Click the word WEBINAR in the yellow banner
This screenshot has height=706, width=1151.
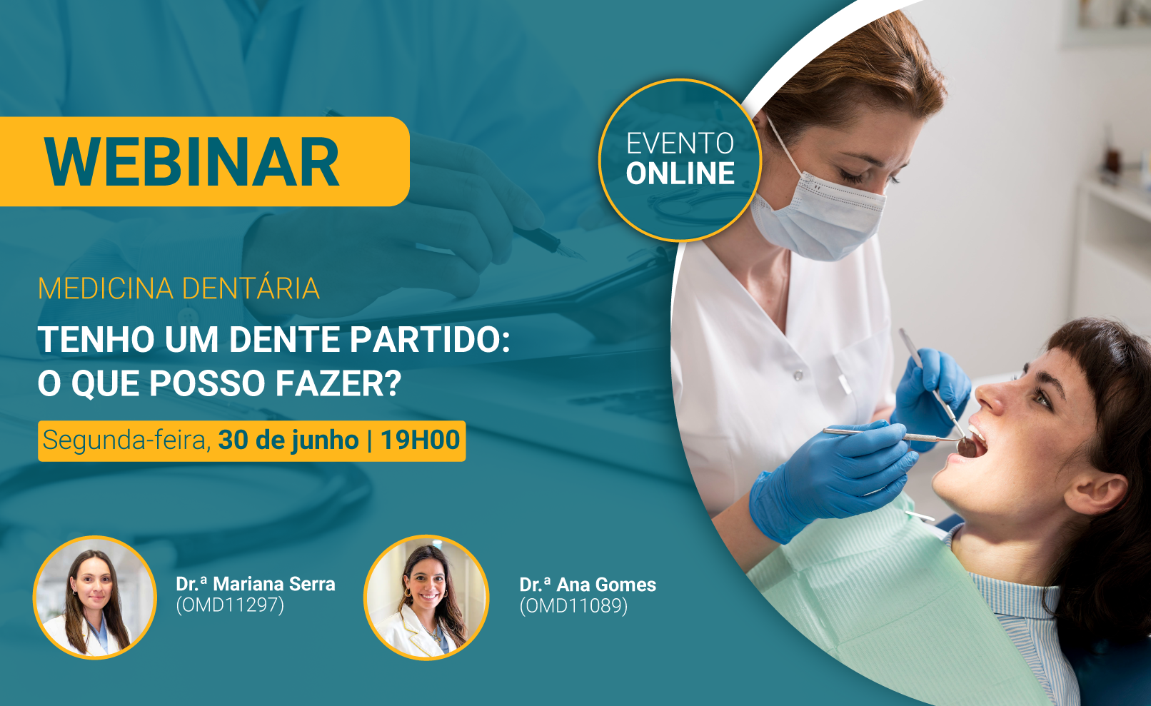(x=191, y=162)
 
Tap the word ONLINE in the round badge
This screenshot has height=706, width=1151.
(x=680, y=173)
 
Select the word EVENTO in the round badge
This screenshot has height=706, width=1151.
(x=680, y=143)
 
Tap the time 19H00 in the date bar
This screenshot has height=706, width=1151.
(x=421, y=440)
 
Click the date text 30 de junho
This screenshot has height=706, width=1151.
(x=288, y=441)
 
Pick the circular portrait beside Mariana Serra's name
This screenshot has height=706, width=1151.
(x=94, y=597)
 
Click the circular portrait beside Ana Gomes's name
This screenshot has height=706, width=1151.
(x=426, y=597)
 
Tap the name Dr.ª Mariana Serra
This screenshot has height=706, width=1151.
(x=256, y=584)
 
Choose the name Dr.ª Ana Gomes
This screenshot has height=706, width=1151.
(x=588, y=585)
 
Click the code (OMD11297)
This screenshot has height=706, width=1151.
(x=230, y=605)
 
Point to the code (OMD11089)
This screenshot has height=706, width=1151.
(x=573, y=606)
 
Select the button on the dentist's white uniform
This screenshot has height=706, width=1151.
(x=798, y=375)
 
